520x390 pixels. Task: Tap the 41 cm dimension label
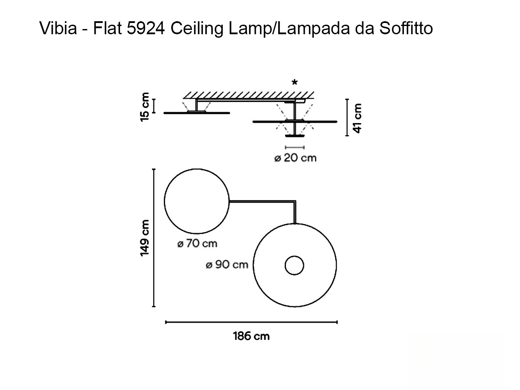coord(357,117)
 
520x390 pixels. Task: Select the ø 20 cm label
coord(296,158)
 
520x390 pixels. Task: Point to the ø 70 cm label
coord(197,244)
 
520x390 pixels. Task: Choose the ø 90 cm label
coord(227,265)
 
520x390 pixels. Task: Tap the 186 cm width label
coord(251,336)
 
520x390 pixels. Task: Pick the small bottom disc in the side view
coord(295,136)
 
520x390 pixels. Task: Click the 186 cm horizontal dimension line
coord(251,322)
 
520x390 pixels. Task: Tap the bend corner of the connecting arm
coord(295,202)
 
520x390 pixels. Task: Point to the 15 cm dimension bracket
coord(154,106)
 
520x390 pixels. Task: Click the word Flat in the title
coord(105,29)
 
